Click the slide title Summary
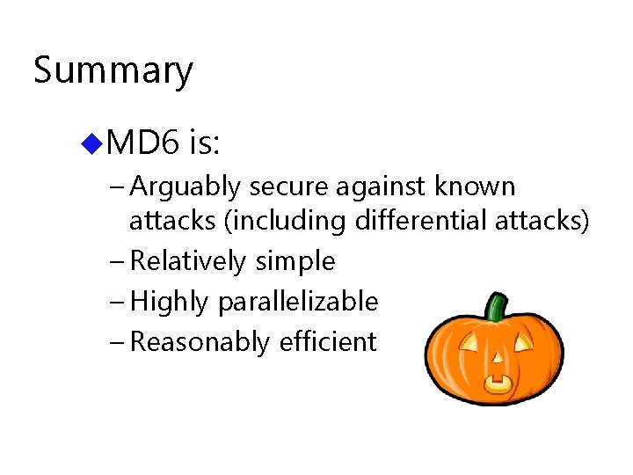113,70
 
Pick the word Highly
169,302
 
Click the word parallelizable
298,302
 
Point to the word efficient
328,342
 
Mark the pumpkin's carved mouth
498,384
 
